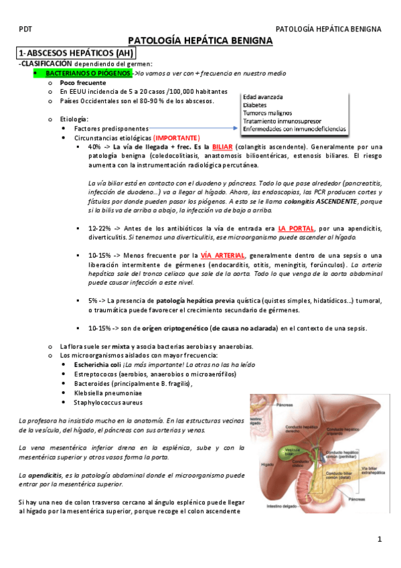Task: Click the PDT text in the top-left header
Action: (x=25, y=29)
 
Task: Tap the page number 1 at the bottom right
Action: (x=379, y=539)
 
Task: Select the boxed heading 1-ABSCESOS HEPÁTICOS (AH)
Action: (x=76, y=53)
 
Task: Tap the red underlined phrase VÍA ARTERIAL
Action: (x=223, y=255)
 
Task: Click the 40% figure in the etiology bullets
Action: (x=94, y=147)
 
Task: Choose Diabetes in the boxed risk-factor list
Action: (x=255, y=105)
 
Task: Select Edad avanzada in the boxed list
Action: (x=263, y=97)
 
